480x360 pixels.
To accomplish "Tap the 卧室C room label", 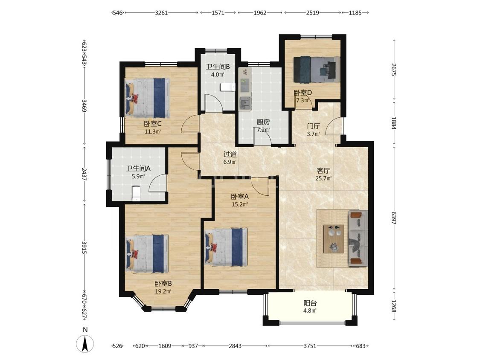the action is click(x=153, y=124).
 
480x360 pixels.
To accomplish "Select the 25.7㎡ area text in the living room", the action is click(x=323, y=178).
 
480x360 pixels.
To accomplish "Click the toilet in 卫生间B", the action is click(x=227, y=87).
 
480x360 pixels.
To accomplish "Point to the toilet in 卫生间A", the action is click(x=136, y=194).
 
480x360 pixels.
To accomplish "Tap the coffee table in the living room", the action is click(x=334, y=239).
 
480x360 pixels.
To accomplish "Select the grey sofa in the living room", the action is click(x=358, y=238).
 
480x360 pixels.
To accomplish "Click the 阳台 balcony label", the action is click(x=310, y=303).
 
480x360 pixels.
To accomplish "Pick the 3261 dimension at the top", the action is click(x=161, y=13).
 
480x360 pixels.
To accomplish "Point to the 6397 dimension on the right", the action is click(x=394, y=218).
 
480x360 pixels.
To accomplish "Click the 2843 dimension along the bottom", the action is click(x=235, y=346).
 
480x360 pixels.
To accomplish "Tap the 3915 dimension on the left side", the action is click(x=84, y=248).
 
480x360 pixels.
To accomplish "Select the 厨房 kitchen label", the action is click(x=263, y=122).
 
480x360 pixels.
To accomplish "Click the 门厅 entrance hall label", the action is click(x=314, y=126).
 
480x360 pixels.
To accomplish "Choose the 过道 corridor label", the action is click(x=230, y=154).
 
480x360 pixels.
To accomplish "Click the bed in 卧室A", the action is click(x=226, y=247).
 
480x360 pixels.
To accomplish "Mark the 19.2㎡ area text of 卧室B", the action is click(x=163, y=291).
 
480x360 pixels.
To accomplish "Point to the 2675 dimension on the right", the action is click(x=394, y=70).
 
